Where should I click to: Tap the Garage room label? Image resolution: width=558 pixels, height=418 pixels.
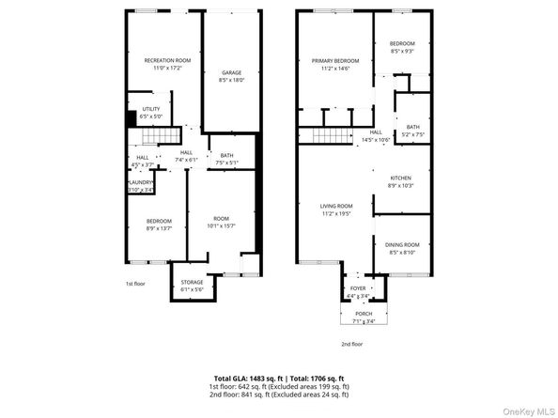230,72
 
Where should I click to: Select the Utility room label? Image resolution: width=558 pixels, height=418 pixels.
151,109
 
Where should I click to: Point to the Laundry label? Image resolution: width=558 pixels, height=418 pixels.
141,183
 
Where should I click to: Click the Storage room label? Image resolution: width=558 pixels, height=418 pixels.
191,284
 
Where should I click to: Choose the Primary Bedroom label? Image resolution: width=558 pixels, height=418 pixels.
335,61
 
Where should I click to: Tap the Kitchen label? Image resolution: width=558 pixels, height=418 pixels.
400,179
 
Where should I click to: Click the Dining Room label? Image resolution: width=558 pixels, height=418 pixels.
404,245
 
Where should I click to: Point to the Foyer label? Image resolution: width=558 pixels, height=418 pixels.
358,288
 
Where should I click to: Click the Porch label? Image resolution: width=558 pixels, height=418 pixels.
364,314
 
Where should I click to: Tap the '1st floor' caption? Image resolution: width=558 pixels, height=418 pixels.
135,283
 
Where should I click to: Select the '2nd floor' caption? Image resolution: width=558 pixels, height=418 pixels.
352,345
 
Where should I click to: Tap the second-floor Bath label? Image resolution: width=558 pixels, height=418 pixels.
412,129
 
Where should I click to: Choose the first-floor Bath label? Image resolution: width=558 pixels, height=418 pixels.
227,156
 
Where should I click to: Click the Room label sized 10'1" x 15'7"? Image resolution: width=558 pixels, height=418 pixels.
221,219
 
